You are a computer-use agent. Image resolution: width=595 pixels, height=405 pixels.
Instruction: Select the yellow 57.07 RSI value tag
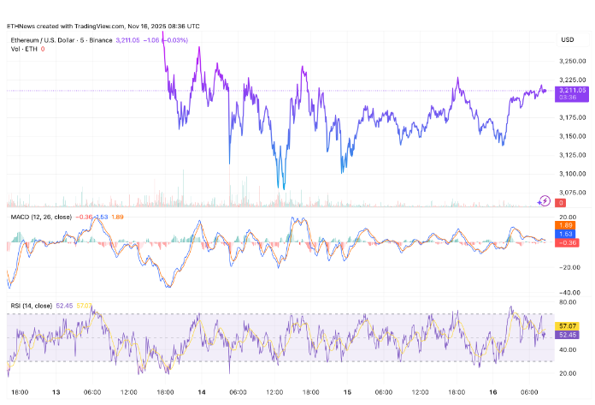pos(565,326)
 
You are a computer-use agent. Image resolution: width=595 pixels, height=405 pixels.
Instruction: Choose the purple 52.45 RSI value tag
pos(565,335)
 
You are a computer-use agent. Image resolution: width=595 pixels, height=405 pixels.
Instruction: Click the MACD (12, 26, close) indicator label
pos(39,217)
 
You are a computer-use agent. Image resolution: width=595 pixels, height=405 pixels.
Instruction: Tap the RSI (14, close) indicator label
pos(30,306)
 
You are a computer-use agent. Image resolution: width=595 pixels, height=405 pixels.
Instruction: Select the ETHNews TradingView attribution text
pos(103,27)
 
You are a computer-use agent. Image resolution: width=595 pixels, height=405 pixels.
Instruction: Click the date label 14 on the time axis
pos(200,391)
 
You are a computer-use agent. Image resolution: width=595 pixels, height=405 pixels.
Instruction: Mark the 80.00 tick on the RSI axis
pos(567,302)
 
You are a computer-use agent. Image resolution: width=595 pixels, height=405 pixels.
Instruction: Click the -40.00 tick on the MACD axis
pos(567,292)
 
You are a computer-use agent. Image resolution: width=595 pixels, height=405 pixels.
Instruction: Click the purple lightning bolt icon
pos(545,201)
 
